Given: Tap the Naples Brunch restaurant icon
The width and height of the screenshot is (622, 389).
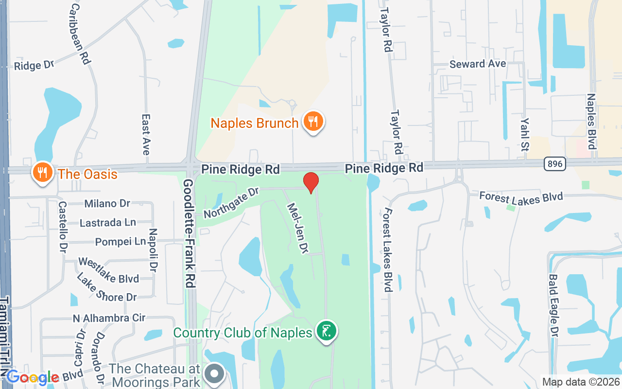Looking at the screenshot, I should coord(313,122).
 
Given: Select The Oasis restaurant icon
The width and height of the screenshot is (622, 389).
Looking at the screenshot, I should coord(43,172).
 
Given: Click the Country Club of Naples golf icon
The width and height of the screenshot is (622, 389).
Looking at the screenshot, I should coord(327,331).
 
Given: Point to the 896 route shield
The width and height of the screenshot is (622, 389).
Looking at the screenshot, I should coord(554,164).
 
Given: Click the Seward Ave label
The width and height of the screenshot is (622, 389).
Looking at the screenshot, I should coord(478,64).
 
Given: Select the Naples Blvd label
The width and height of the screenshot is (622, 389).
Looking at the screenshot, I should coord(591,122).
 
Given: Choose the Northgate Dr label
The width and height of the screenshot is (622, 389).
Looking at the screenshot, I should coord(231,204).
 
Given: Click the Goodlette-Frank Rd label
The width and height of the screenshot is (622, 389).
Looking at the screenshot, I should coord(190,233).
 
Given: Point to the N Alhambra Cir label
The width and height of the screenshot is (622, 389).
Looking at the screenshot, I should coord(109,318).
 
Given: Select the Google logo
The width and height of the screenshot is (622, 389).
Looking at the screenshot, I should coord(33,378).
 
